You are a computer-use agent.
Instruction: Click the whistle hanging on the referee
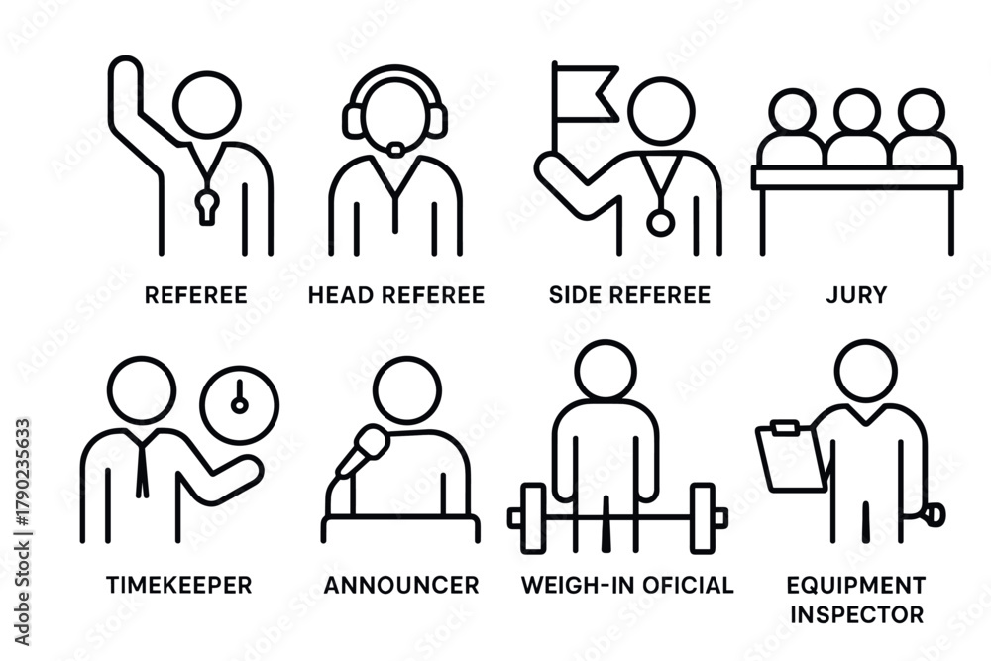point(207,205)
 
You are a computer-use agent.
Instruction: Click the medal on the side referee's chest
point(660,222)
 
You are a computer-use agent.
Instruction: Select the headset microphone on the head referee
point(395,150)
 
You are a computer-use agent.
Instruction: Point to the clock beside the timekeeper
point(240,404)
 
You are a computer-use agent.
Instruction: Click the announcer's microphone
point(364,449)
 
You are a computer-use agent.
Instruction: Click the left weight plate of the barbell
point(534,517)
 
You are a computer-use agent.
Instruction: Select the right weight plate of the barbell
point(703,517)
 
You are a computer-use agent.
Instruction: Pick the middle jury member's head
point(857,112)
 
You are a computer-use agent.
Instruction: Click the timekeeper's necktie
point(142,465)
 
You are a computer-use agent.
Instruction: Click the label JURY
point(856,295)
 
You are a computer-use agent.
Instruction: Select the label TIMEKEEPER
point(178,585)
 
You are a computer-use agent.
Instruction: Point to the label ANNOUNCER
point(401,585)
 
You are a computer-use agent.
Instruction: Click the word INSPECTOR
point(857,614)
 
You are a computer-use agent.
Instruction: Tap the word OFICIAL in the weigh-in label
point(680,585)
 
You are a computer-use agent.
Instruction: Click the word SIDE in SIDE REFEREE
point(573,295)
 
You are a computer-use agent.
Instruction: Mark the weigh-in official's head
point(606,372)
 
